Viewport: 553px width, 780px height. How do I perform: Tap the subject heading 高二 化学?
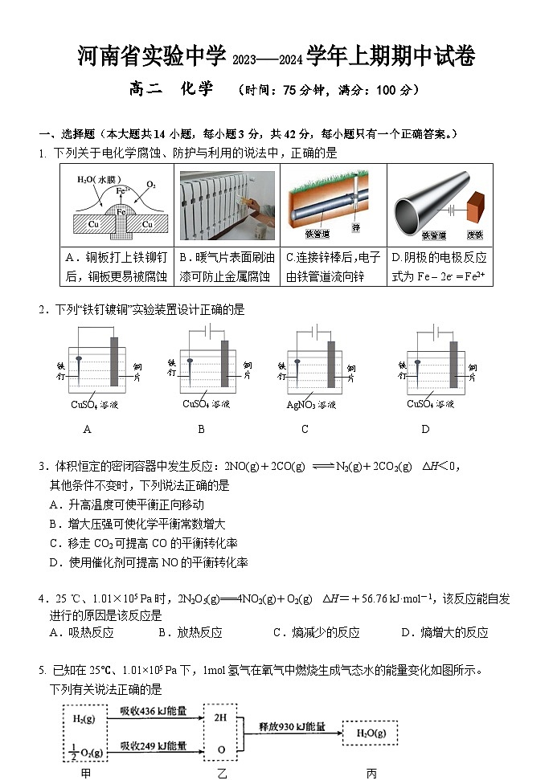click(x=170, y=90)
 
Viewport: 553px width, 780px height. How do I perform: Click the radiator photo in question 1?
click(x=227, y=205)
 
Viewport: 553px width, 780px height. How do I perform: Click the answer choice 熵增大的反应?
click(x=445, y=632)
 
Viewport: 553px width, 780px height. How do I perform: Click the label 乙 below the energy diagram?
click(x=222, y=773)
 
